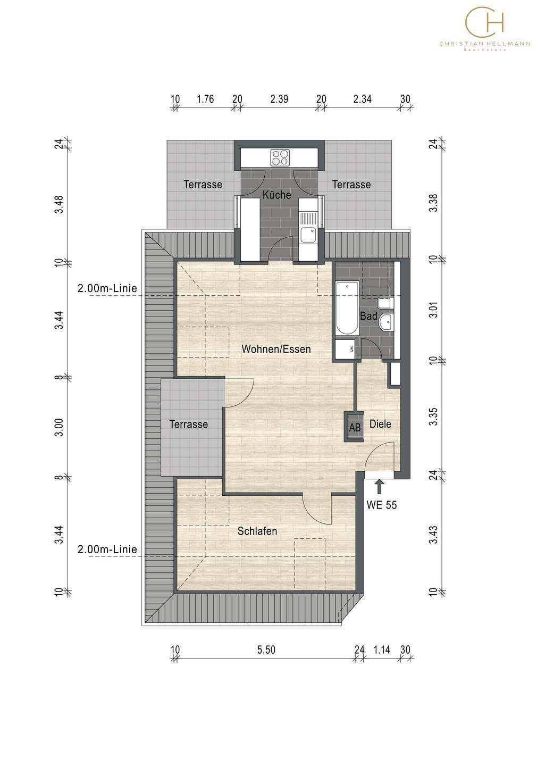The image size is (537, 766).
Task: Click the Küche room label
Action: (x=276, y=195)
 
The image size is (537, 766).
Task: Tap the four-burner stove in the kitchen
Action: (x=280, y=157)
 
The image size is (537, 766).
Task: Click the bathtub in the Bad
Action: (x=347, y=308)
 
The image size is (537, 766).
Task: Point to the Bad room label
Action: (x=368, y=316)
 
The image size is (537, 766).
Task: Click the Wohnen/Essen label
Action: (x=276, y=349)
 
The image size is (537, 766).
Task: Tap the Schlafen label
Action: (x=257, y=531)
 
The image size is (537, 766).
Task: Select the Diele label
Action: (x=380, y=424)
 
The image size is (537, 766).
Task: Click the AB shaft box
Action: (x=354, y=427)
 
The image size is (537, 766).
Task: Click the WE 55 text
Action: (x=381, y=505)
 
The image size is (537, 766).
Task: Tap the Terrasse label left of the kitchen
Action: (x=203, y=185)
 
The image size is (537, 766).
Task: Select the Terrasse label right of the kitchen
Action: (x=351, y=185)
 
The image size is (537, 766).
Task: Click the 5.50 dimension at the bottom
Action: (x=266, y=650)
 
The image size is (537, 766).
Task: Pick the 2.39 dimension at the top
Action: (x=279, y=99)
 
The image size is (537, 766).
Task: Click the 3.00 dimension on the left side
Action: (x=60, y=428)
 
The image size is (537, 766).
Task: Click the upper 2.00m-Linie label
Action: (x=107, y=288)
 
